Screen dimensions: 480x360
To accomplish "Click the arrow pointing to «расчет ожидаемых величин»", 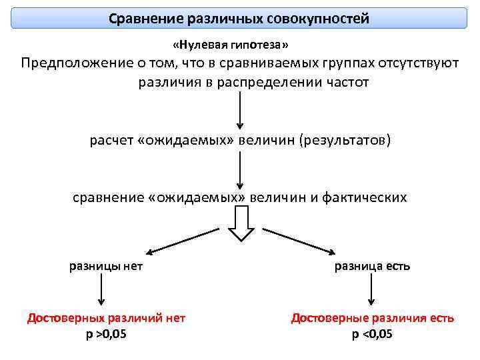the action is (239, 110).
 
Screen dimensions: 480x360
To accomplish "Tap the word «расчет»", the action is (110, 141).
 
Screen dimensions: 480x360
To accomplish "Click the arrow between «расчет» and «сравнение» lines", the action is (239, 170).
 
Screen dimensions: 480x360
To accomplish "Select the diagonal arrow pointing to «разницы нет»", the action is (183, 241).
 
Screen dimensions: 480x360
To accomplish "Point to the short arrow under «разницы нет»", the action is (101, 292).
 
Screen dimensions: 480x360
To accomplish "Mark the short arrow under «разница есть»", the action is (371, 292).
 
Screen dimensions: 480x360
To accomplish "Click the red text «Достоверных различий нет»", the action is (106, 318).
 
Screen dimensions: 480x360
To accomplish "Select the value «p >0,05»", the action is (106, 334).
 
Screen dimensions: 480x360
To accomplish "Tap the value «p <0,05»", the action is (372, 334).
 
